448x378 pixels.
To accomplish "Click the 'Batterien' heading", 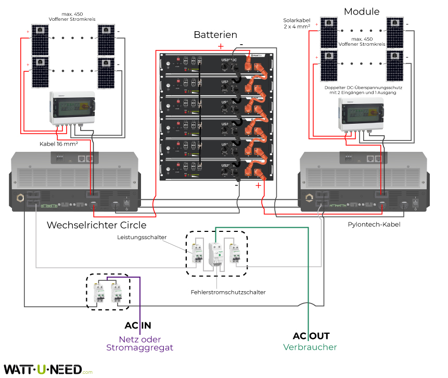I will (215, 35).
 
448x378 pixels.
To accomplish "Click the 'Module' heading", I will (362, 11).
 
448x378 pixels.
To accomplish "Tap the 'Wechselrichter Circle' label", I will (96, 225).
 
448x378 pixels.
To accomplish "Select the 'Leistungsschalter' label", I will (142, 237).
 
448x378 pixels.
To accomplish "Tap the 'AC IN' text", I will (138, 325).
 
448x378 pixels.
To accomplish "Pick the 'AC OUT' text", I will (311, 336).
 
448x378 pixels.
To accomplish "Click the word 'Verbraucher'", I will (310, 347).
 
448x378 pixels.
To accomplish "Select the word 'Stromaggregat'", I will (139, 347).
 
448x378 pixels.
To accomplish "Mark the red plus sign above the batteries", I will (221, 46).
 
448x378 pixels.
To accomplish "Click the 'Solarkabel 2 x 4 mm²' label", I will (297, 22).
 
